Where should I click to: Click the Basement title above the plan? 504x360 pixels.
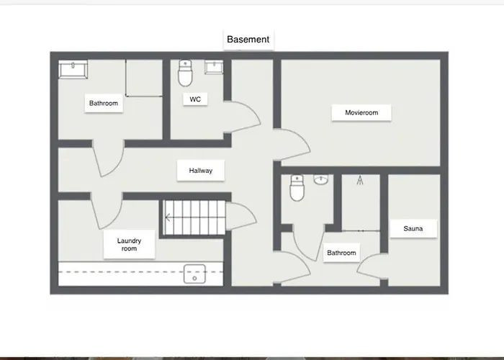[x=248, y=39]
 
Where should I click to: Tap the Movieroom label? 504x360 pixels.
[x=361, y=112]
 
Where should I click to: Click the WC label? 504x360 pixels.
[x=194, y=99]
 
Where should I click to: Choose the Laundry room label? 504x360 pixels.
[x=130, y=245]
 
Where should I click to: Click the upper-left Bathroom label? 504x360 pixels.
[x=103, y=103]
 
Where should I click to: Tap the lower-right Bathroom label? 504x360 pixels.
[x=341, y=253]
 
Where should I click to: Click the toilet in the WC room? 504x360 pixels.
[x=186, y=72]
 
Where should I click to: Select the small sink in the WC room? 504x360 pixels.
[x=214, y=68]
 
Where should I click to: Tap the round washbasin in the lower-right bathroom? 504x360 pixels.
[x=321, y=179]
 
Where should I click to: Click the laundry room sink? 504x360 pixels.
[x=194, y=274]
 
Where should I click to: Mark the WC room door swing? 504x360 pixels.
[x=245, y=115]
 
